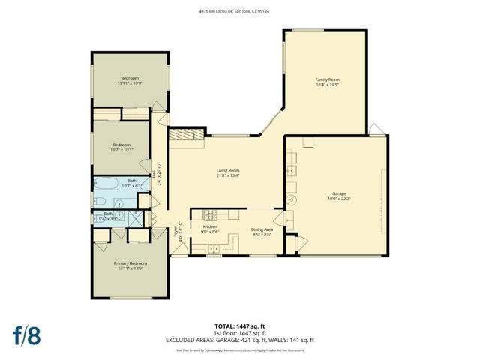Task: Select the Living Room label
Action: click(228, 171)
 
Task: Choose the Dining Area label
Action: click(261, 229)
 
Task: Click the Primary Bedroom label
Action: click(130, 263)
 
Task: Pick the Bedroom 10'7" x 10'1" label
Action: click(122, 145)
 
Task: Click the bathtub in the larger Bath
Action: click(105, 184)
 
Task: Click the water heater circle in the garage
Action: click(293, 200)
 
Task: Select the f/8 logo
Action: click(25, 334)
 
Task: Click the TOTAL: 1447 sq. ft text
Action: click(239, 325)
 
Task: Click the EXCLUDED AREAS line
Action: click(239, 339)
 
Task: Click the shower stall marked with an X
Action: click(134, 217)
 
